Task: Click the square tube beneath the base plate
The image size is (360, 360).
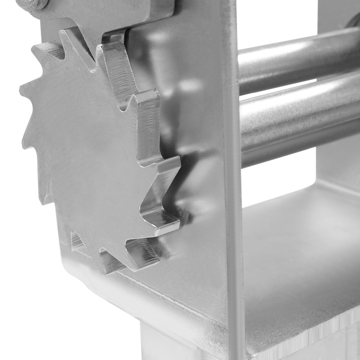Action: click(180, 341)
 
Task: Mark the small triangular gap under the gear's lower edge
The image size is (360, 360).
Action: click(76, 240)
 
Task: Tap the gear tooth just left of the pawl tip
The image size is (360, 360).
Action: click(67, 37)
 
